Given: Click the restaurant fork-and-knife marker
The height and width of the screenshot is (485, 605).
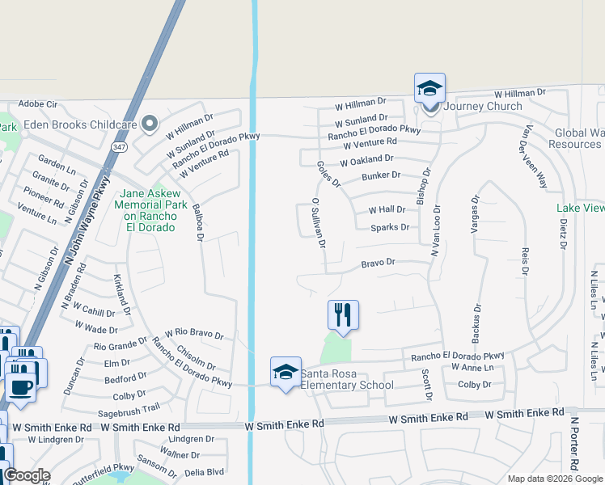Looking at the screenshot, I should pyautogui.click(x=343, y=314).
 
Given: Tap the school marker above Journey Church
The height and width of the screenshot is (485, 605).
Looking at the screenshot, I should pyautogui.click(x=429, y=88).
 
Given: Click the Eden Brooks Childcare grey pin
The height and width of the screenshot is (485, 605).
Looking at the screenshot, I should pyautogui.click(x=149, y=124).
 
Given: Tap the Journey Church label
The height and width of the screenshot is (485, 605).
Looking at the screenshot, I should pyautogui.click(x=481, y=106).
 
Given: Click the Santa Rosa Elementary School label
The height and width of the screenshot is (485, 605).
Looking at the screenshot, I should pyautogui.click(x=347, y=379).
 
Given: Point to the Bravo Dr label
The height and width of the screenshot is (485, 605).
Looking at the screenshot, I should pyautogui.click(x=378, y=263).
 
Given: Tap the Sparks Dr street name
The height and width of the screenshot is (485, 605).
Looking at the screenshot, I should pyautogui.click(x=390, y=228).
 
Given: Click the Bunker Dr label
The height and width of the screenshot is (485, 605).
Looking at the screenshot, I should pyautogui.click(x=381, y=175).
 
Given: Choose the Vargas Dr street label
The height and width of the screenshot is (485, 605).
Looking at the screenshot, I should pyautogui.click(x=476, y=213).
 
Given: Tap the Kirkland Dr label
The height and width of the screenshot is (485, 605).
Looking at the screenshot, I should pyautogui.click(x=122, y=288).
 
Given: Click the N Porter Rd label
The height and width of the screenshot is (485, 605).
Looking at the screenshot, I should pyautogui.click(x=575, y=444).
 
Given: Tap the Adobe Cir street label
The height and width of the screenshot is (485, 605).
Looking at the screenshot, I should pyautogui.click(x=38, y=104).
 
